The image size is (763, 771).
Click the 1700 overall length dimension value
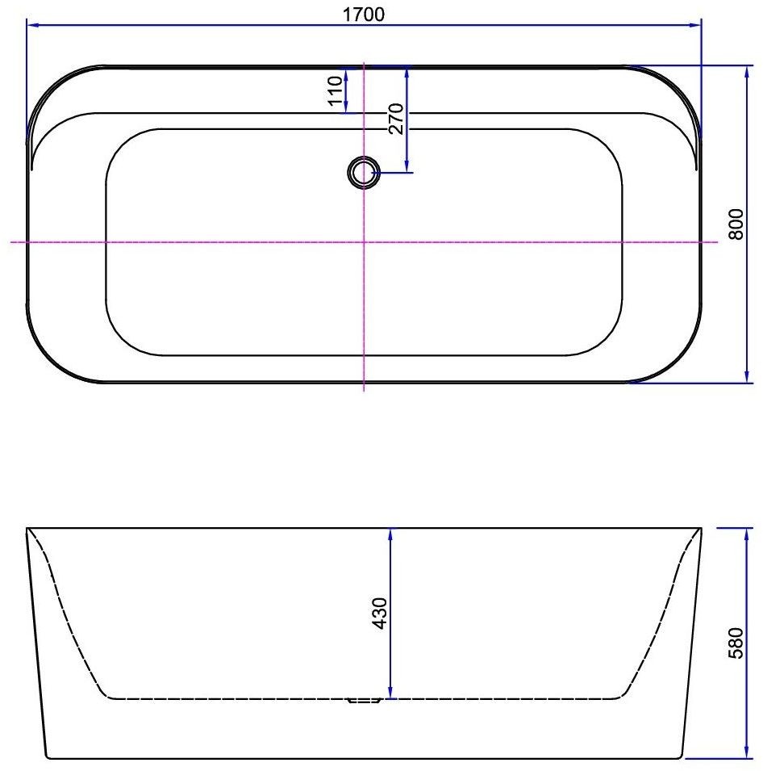coord(365,14)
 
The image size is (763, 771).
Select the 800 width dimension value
coord(735,224)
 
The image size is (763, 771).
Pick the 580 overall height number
coord(735,643)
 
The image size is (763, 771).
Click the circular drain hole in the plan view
coord(364,172)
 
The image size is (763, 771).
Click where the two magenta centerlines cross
coord(365,241)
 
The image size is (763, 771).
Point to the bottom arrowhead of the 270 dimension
coord(407,166)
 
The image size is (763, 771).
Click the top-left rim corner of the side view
coord(28,529)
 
